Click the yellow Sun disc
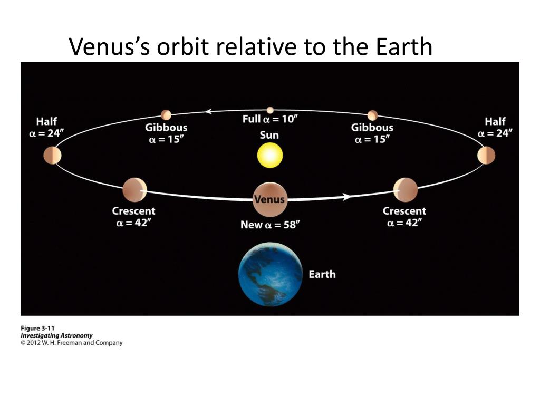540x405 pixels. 270,156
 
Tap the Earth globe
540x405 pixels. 271,274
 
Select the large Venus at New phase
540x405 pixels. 269,200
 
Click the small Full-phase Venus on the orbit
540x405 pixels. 270,110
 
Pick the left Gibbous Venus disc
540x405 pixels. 166,115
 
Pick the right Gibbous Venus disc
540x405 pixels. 372,115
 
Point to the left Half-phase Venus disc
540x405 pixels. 53,156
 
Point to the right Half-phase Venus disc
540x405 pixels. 486,156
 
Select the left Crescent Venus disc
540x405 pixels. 134,190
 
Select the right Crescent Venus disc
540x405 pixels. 406,190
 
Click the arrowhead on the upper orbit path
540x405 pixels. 209,111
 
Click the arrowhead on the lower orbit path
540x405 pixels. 346,197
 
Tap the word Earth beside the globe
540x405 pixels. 322,274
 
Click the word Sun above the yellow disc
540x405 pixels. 269,135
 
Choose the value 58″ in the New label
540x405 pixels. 290,225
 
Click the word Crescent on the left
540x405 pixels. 133,211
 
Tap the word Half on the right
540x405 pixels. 495,122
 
